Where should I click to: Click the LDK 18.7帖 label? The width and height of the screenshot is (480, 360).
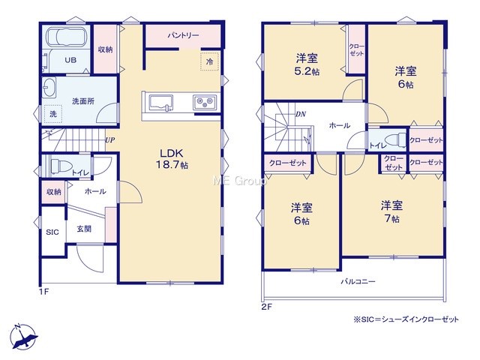pos(172,159)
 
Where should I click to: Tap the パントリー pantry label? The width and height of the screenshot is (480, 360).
pos(183,35)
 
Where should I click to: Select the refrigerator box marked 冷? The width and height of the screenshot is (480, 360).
pos(210,61)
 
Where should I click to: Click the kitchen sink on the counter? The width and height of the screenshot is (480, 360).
pos(160,102)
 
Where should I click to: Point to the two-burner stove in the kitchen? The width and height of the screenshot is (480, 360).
pos(205,102)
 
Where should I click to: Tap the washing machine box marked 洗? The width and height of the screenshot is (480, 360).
pos(53,114)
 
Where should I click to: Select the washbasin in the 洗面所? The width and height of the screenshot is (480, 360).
pos(49,87)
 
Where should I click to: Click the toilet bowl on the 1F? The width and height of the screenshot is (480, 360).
pos(59,166)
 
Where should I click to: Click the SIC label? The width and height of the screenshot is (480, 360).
pos(52,232)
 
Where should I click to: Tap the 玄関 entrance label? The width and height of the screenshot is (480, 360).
pos(84,229)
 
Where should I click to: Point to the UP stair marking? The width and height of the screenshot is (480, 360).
pos(110,140)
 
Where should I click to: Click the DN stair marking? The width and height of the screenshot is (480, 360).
pos(301,114)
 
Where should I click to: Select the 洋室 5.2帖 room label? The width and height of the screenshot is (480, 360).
pos(307,64)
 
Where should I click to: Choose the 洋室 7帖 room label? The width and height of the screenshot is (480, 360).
pos(391,211)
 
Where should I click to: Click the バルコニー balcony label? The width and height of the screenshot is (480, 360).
pos(358,281)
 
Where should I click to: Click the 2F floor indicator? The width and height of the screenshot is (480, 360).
pos(266,307)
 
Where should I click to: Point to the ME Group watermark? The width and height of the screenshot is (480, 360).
pos(240,181)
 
